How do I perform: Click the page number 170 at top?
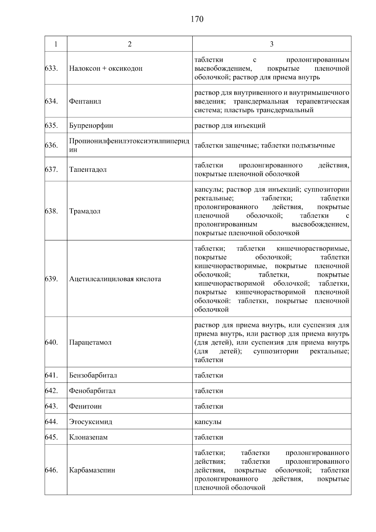[x=197, y=19]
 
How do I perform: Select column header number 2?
[x=129, y=44]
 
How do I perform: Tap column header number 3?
[x=271, y=44]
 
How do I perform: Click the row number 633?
[x=52, y=68]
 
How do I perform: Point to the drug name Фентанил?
[x=85, y=102]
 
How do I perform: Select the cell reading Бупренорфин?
[x=91, y=126]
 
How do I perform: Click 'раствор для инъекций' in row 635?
[x=230, y=126]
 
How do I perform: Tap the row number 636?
[x=52, y=145]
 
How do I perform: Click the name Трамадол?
[x=85, y=211]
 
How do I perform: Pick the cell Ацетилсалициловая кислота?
[x=115, y=279]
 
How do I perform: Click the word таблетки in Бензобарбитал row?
[x=209, y=376]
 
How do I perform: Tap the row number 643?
[x=52, y=406]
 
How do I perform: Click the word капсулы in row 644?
[x=208, y=422]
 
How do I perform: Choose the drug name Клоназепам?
[x=88, y=437]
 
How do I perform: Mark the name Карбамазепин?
[x=92, y=470]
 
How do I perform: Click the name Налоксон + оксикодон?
[x=106, y=68]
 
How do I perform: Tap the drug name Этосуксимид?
[x=90, y=422]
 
